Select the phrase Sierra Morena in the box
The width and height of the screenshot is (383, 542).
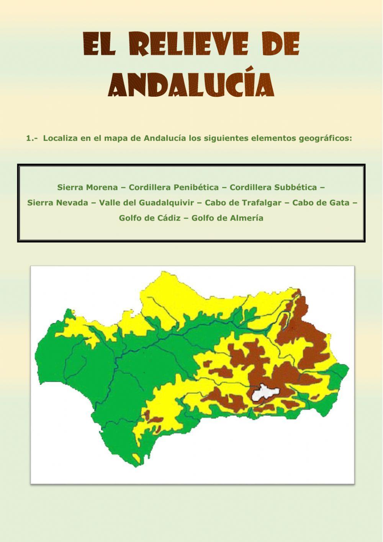[87, 188]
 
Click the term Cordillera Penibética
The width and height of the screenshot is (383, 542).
[174, 188]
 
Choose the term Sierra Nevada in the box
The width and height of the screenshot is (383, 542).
[57, 203]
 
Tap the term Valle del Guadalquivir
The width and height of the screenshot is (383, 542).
[146, 203]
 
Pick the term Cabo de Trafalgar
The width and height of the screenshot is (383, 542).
[243, 203]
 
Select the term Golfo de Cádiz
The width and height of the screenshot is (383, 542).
[149, 218]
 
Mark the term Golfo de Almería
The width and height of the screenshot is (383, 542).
[227, 218]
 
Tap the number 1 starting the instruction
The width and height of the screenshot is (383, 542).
[28, 138]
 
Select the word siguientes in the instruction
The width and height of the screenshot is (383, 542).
[218, 138]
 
